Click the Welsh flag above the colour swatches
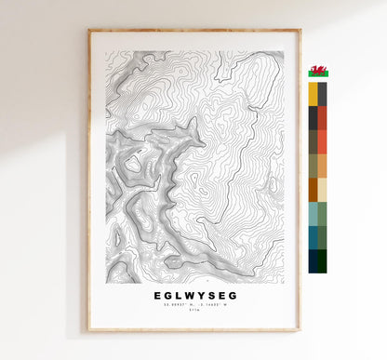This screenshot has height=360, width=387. point(318,72)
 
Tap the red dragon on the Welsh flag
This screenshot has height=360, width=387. point(318,71)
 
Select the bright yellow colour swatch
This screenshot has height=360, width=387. point(313,94)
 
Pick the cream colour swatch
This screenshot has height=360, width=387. point(323,189)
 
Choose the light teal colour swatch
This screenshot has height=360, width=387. point(313,213)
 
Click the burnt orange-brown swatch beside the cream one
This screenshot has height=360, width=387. point(313,189)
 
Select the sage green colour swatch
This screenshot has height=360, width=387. point(323,213)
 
